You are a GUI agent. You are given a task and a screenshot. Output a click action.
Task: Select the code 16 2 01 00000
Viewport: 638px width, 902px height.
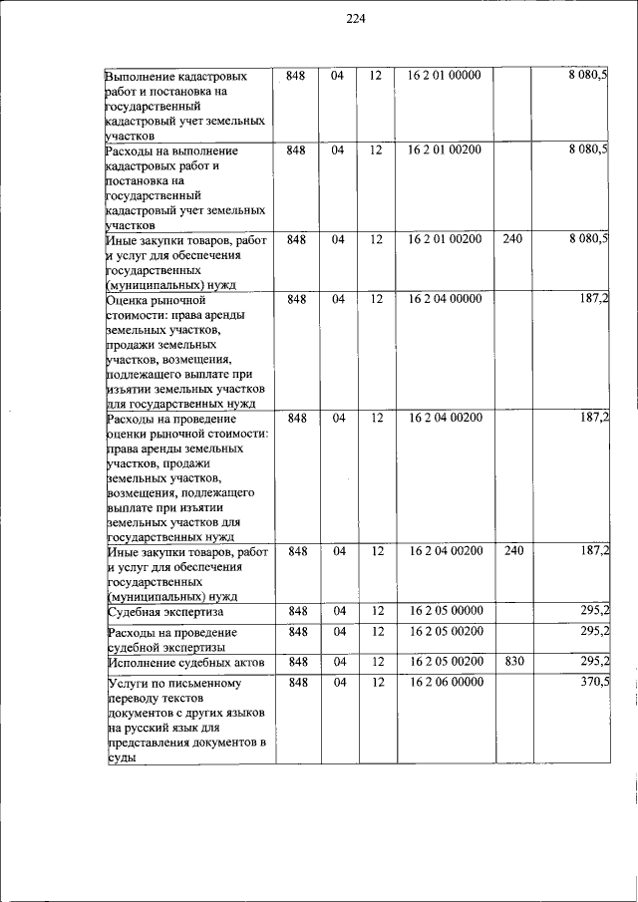[x=445, y=76]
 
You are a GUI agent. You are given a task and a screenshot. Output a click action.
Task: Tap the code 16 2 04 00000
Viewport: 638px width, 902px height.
[x=445, y=299]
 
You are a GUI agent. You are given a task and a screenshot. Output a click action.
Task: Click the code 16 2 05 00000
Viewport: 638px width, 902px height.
[x=445, y=610]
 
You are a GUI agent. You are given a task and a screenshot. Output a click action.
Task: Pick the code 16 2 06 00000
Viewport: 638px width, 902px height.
[x=445, y=682]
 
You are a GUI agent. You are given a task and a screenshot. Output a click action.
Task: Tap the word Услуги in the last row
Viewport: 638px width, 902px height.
[x=130, y=684]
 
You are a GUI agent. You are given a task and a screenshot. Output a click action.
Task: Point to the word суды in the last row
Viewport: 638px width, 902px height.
[x=119, y=757]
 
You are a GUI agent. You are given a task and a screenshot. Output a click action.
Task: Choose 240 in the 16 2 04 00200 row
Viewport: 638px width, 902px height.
[x=513, y=550]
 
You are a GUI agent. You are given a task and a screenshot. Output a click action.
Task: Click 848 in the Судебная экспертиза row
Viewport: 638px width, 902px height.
[x=297, y=610]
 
